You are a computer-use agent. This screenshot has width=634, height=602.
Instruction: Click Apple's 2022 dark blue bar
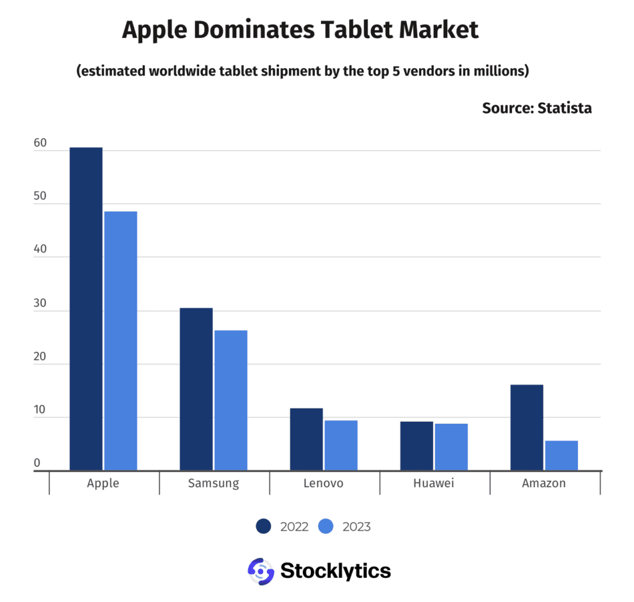86,308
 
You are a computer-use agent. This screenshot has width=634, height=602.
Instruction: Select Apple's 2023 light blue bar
121,340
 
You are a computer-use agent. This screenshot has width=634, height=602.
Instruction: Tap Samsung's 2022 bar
196,389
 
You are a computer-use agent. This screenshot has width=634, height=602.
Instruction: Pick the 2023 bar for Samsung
231,400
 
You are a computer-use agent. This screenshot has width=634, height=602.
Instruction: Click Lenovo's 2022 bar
306,439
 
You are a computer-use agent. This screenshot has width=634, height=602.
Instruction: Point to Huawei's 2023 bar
451,446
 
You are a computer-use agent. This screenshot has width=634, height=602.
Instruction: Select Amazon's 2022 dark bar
527,427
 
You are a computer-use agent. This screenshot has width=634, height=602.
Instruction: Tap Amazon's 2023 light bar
561,455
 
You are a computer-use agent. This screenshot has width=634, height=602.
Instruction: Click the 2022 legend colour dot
264,527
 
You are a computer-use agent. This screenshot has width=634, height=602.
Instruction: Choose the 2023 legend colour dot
326,527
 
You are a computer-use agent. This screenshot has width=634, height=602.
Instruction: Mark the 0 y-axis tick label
37,463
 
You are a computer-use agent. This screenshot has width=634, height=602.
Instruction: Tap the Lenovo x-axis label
324,483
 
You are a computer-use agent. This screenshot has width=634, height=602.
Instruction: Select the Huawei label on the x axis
434,483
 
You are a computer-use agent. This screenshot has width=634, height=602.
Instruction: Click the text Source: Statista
537,108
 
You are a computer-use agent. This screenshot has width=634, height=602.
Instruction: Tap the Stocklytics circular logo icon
261,571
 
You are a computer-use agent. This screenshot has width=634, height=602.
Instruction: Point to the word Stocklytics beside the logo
336,571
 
